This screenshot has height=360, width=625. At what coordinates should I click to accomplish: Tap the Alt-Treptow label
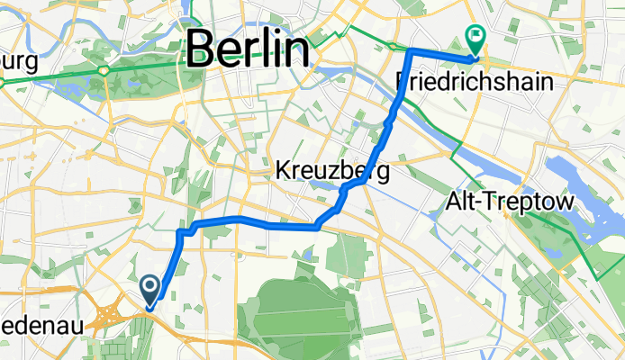click(x=510, y=203)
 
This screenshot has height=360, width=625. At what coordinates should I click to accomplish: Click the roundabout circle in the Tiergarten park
click(x=105, y=69)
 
